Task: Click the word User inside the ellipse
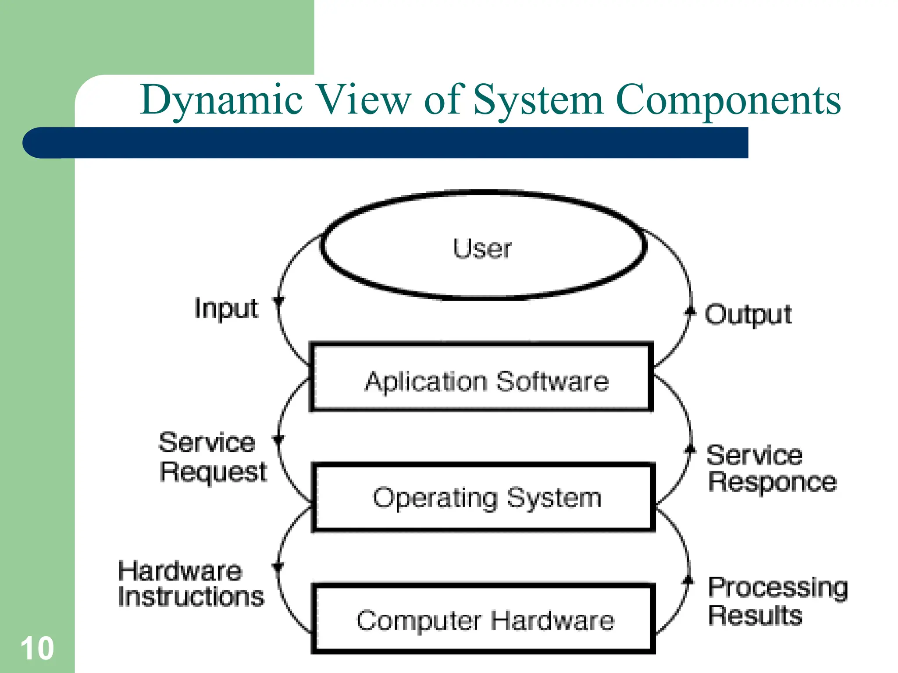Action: tap(482, 248)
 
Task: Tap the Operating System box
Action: tap(483, 498)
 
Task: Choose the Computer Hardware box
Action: tap(483, 619)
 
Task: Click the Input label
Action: tap(226, 308)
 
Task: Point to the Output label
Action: tap(748, 314)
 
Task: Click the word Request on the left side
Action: tap(214, 472)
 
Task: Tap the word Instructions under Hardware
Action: tap(191, 597)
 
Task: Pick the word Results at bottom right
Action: tap(755, 615)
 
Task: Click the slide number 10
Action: tap(37, 648)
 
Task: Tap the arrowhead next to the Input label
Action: tap(278, 301)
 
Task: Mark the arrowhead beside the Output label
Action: tap(690, 312)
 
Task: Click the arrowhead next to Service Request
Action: tap(278, 439)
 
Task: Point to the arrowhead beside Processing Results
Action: tap(688, 581)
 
